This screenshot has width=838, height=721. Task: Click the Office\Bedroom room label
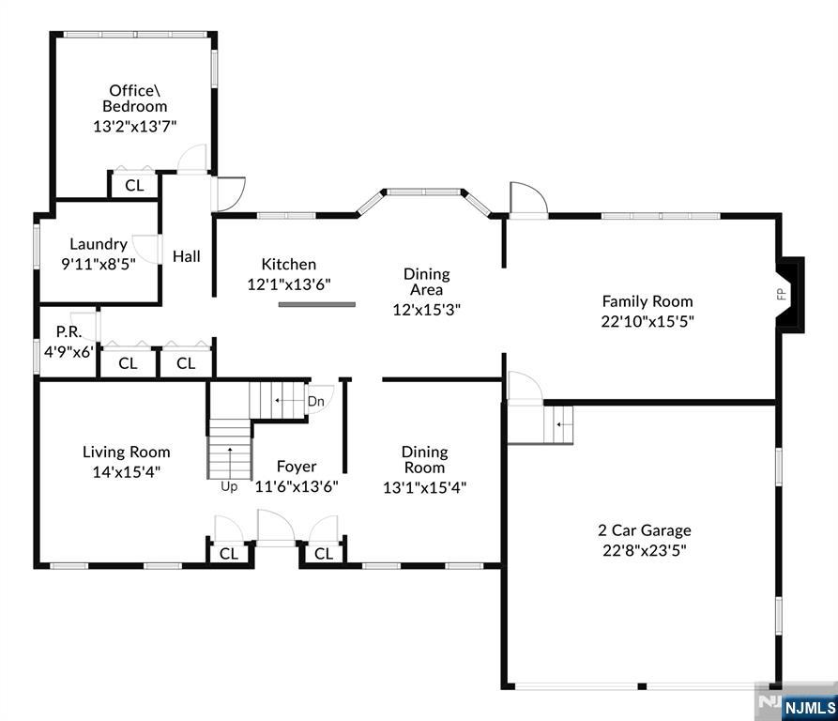tap(134, 99)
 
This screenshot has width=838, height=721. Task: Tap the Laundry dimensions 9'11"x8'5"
tap(99, 264)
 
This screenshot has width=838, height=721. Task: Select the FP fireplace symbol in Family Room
tap(781, 294)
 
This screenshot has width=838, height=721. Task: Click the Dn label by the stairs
tap(316, 401)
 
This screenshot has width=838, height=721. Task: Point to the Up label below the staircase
tap(229, 486)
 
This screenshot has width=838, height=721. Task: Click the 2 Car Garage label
tap(645, 530)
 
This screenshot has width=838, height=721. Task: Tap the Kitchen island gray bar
tap(316, 304)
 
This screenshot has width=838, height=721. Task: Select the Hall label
tap(186, 255)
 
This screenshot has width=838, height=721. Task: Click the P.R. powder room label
tap(67, 331)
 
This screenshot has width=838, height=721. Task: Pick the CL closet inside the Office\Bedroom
tap(134, 185)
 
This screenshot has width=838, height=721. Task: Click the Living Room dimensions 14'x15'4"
tap(126, 472)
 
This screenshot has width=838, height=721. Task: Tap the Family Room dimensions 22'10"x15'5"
tap(648, 321)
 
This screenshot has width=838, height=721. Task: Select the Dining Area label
tap(426, 282)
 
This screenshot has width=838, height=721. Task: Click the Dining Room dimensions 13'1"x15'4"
tap(424, 487)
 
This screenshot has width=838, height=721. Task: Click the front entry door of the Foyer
tap(276, 530)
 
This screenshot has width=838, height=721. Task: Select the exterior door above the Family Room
tap(528, 200)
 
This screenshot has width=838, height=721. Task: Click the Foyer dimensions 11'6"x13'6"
tap(297, 486)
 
